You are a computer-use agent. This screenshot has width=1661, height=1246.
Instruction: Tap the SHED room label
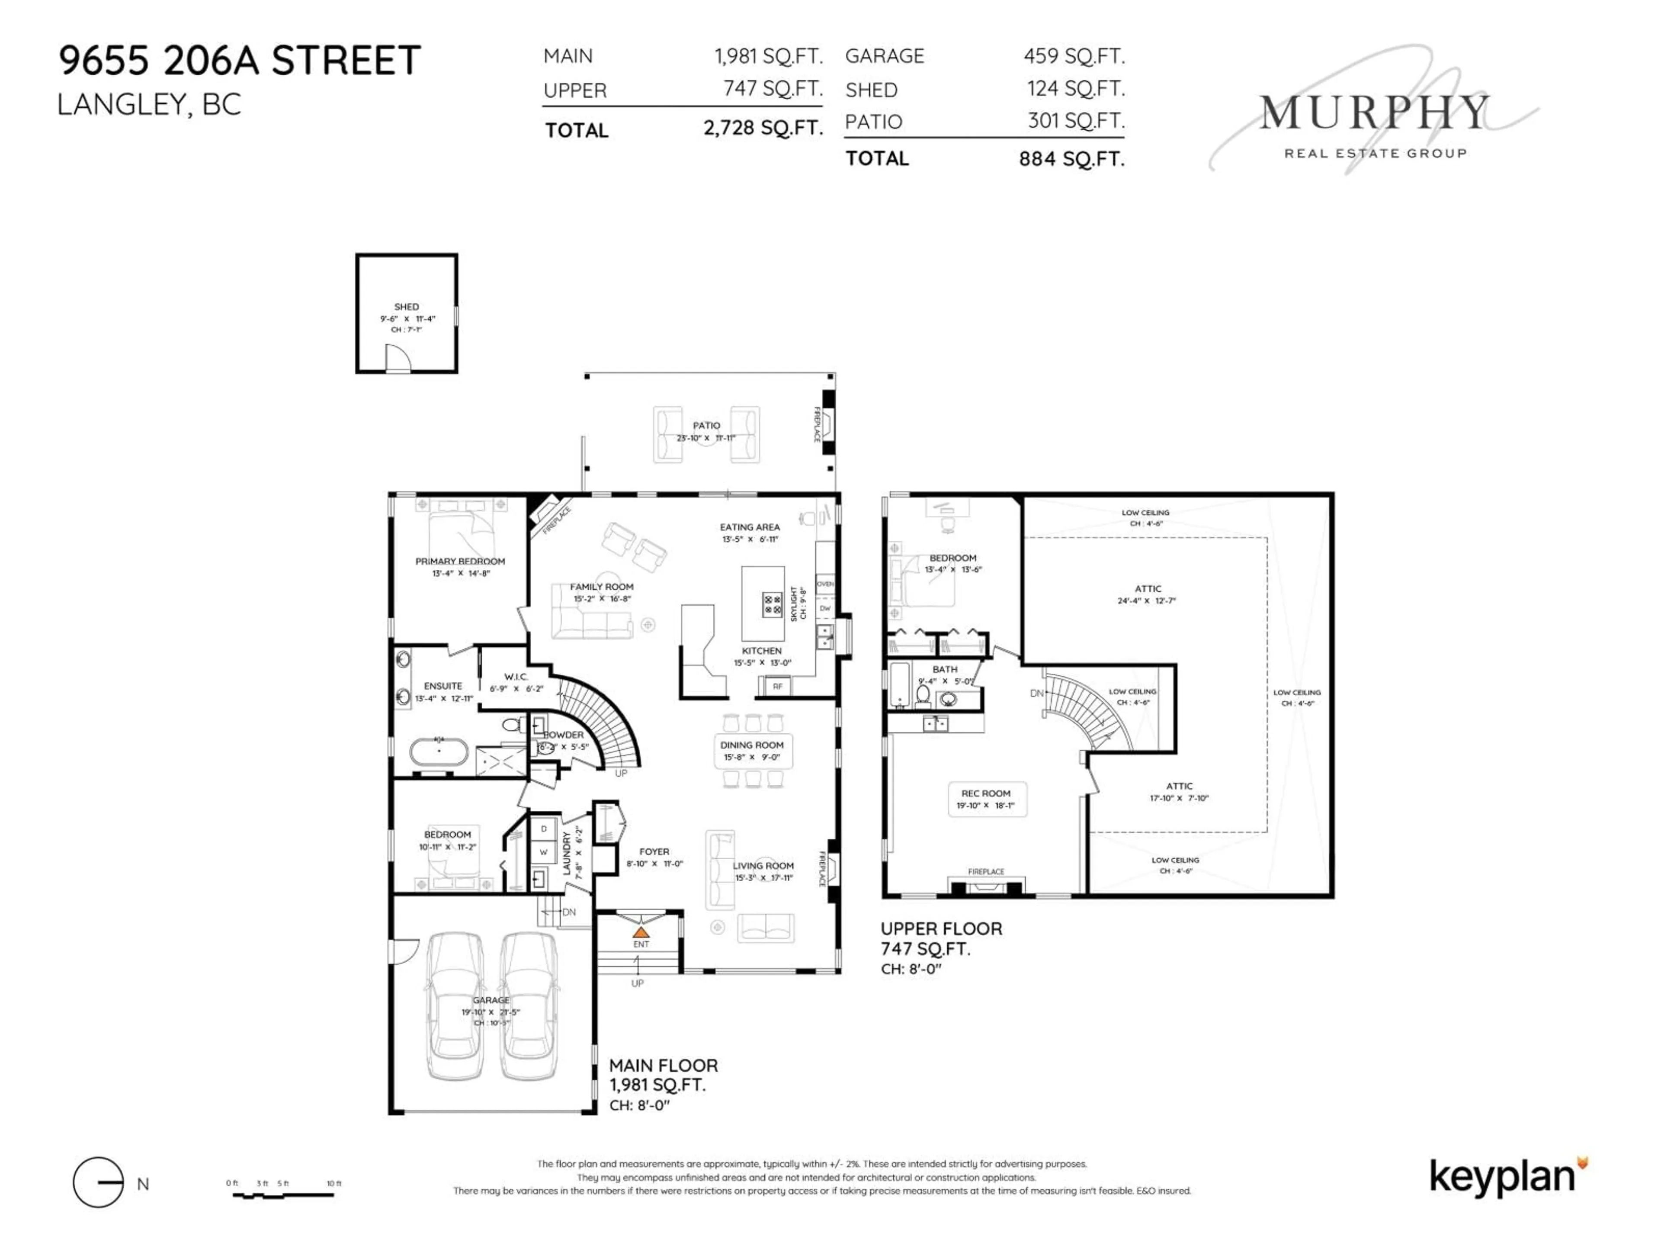pos(406,306)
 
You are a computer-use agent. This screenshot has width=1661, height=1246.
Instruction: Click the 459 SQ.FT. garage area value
pos(1074,56)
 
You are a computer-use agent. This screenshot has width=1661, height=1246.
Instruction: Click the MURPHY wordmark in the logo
pos(1372,113)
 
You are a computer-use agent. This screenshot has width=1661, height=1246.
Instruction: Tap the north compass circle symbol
pos(98,1183)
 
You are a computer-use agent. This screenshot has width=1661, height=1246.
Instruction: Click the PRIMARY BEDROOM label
pos(460,561)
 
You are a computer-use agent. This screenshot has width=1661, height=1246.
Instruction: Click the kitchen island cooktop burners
pos(773,604)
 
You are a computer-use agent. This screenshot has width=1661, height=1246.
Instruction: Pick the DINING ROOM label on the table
pos(752,745)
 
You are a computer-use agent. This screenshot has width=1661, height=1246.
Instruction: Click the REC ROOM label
pos(985,793)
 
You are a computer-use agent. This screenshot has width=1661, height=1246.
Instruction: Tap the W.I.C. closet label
pos(516,677)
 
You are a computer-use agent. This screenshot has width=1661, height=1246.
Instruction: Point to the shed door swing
pos(398,358)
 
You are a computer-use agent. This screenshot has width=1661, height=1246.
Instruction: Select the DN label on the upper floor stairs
pos(1036,693)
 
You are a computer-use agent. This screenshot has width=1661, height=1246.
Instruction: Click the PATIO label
pos(706,425)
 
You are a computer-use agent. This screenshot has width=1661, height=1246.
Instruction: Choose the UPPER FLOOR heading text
pos(941,928)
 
